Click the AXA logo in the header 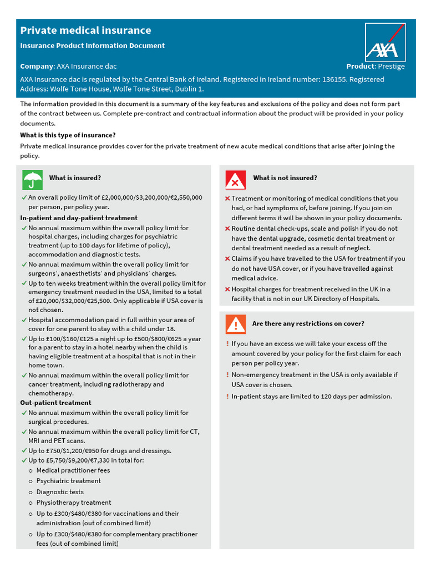[x=385, y=42]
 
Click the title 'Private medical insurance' [x=85, y=31]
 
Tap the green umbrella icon [x=32, y=180]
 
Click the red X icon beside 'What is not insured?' [x=235, y=180]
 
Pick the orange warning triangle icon [x=235, y=324]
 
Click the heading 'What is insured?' [x=75, y=178]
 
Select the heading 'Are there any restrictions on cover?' [x=308, y=323]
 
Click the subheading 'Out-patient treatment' [x=55, y=403]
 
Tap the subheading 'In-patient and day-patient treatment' [x=79, y=218]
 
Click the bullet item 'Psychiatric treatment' [x=69, y=481]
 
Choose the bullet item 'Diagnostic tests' [x=60, y=492]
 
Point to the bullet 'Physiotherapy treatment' [x=74, y=503]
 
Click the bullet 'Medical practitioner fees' [x=73, y=470]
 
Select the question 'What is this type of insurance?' [x=68, y=135]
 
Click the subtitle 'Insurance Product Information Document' [x=92, y=45]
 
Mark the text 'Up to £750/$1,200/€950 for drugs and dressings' [x=100, y=450]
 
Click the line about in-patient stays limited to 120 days [x=311, y=397]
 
